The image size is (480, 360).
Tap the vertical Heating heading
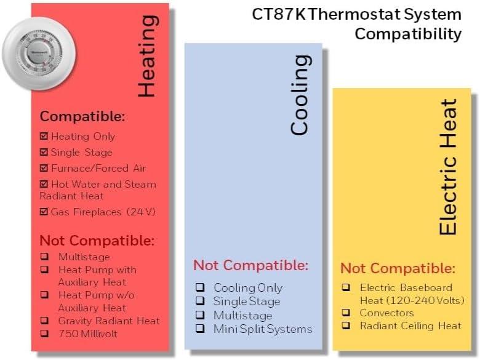(x=146, y=56)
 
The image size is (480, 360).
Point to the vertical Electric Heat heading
(x=448, y=166)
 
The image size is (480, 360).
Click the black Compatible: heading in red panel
(x=82, y=116)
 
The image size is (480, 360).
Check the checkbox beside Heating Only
(x=44, y=136)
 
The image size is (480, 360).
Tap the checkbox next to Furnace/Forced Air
(x=44, y=168)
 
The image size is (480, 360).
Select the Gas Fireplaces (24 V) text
(x=103, y=212)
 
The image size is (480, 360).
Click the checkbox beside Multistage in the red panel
(x=44, y=257)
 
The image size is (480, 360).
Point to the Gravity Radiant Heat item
(x=109, y=321)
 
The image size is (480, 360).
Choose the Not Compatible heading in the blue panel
(x=250, y=265)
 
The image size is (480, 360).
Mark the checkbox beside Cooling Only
(x=200, y=287)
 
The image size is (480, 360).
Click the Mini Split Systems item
(x=262, y=329)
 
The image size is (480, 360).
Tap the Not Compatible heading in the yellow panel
(x=398, y=268)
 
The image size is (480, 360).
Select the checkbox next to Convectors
(x=346, y=313)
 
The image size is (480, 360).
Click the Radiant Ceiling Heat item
(x=410, y=326)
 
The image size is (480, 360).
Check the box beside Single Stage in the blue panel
(x=200, y=301)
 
